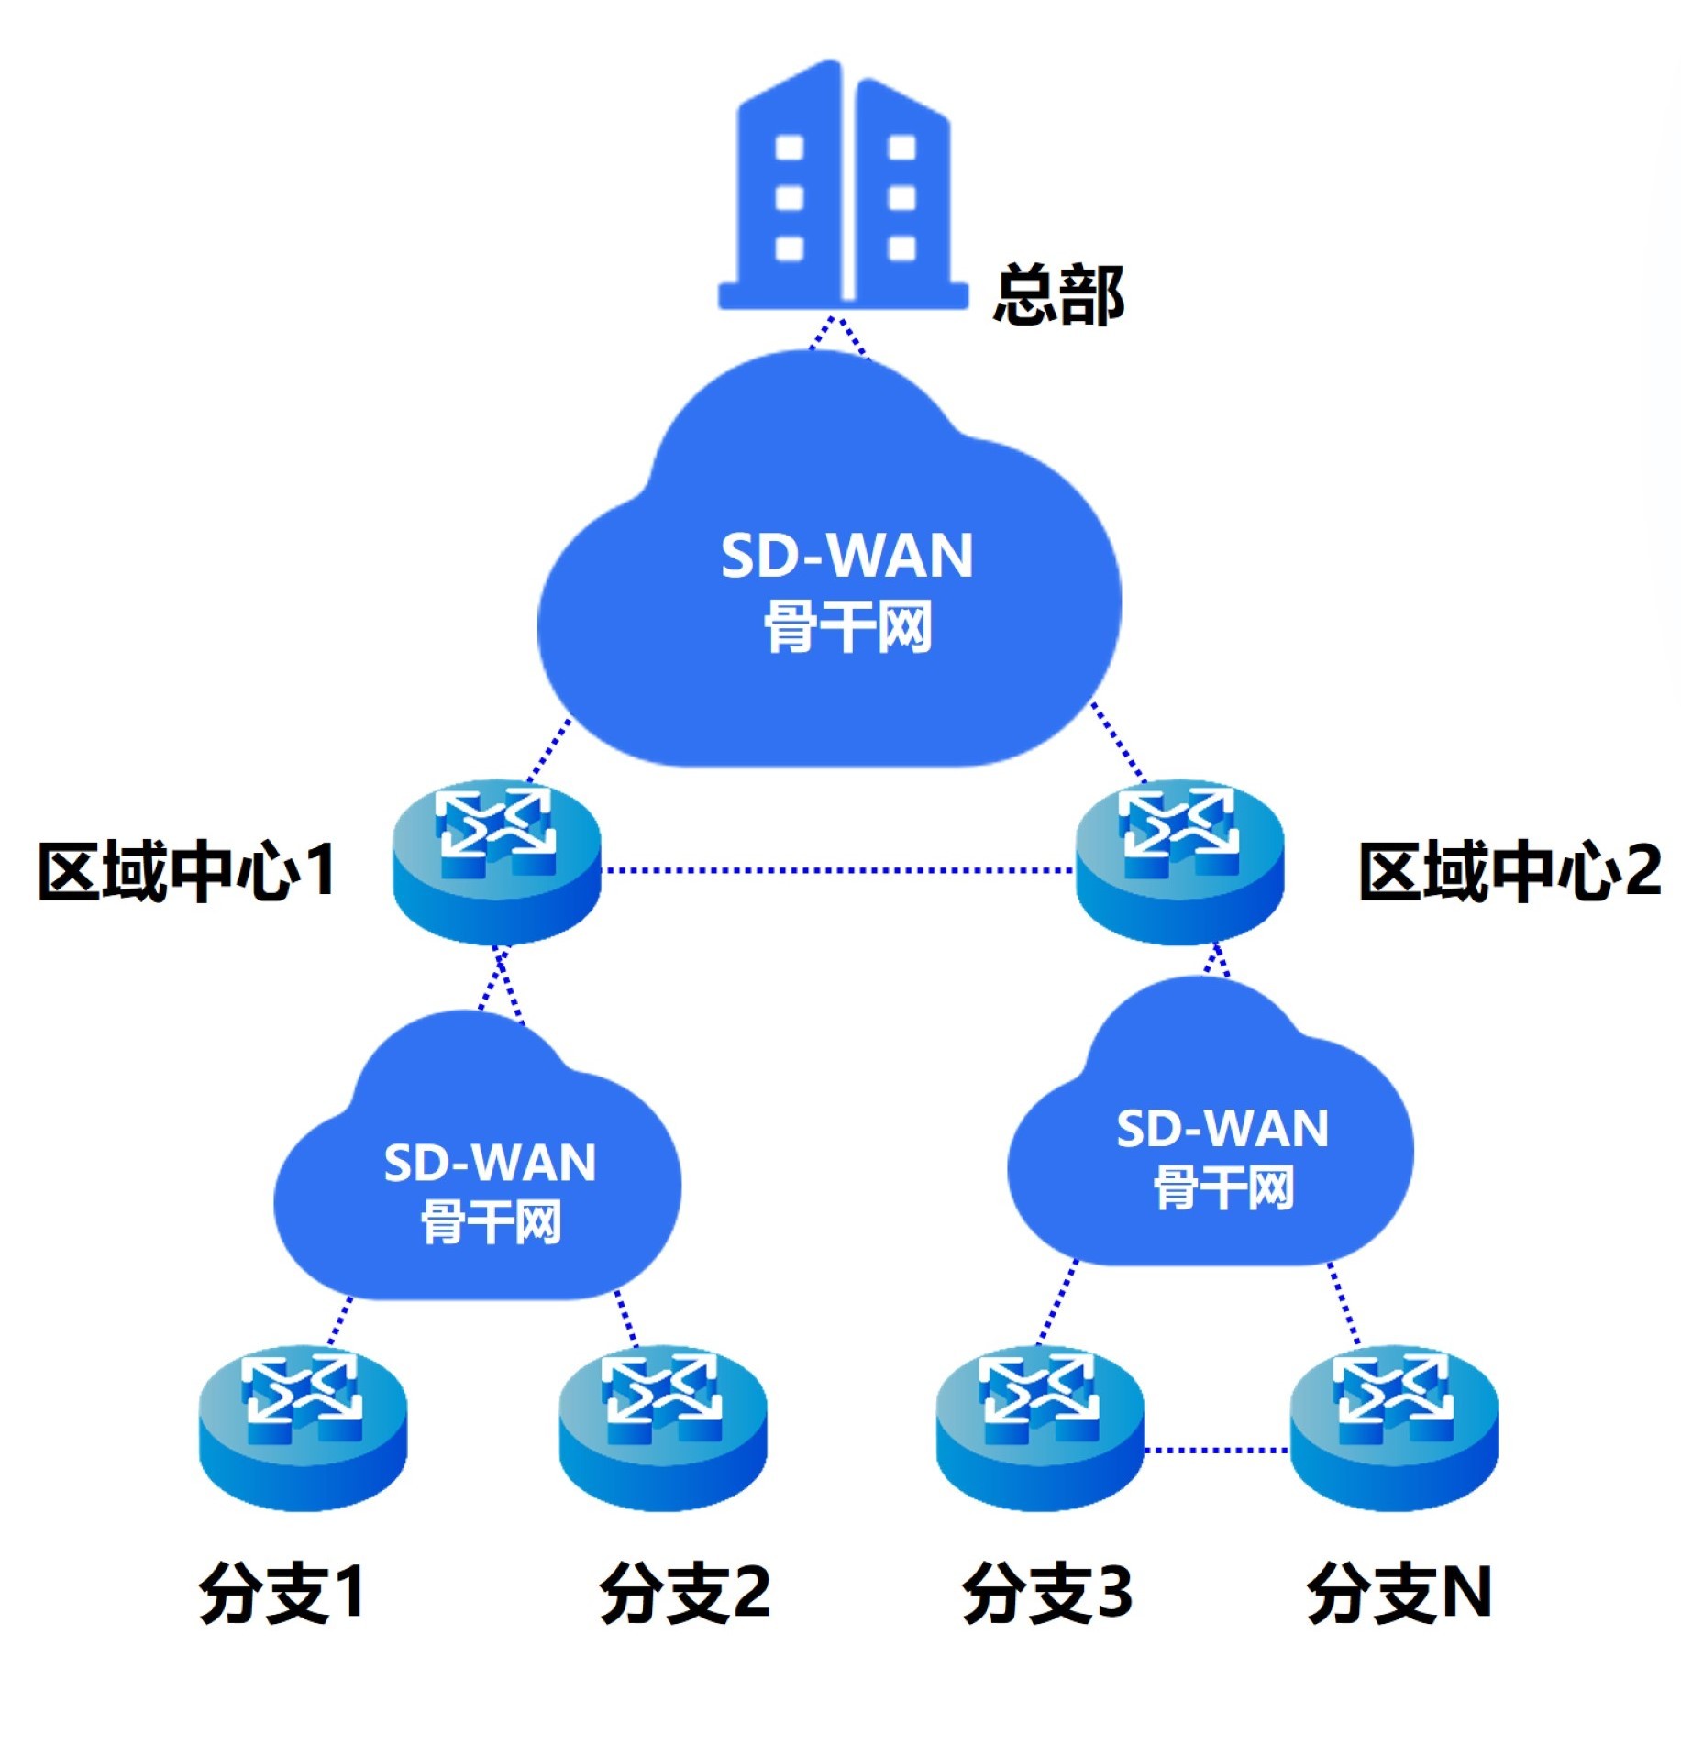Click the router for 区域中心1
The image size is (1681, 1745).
496,862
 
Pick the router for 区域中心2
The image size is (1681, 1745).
1179,862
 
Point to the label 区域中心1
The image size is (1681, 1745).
186,870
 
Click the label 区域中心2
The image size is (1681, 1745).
1509,870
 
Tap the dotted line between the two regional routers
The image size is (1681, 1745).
836,869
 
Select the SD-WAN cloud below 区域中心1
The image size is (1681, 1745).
477,1183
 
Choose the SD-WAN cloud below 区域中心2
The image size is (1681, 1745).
1211,1146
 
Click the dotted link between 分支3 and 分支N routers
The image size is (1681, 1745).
1216,1450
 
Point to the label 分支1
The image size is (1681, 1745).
282,1593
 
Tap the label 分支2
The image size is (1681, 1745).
684,1593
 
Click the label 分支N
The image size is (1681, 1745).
1399,1593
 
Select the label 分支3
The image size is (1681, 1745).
1046,1593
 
